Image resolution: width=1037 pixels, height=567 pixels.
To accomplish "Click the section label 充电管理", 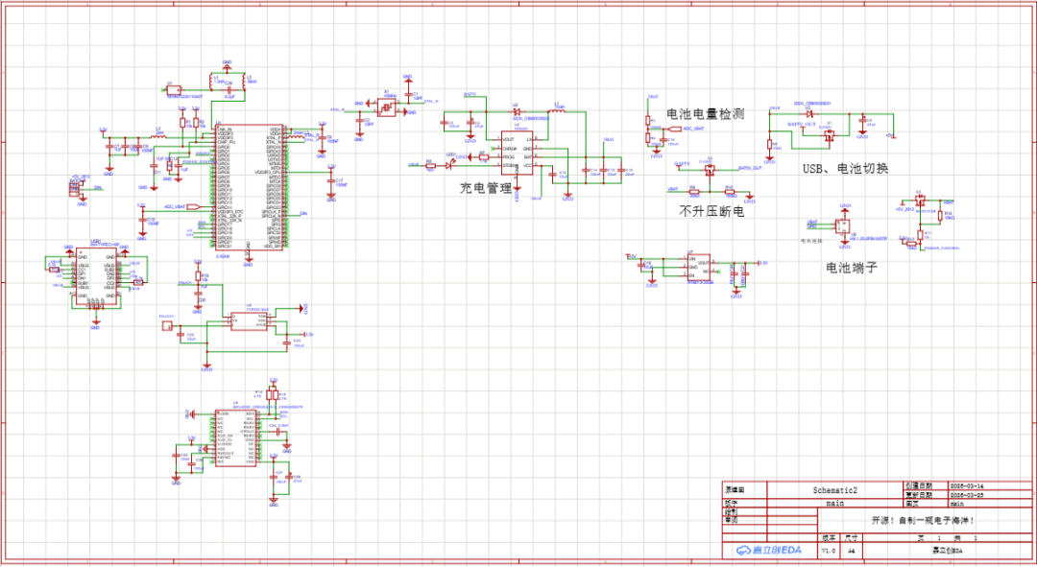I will click(486, 188).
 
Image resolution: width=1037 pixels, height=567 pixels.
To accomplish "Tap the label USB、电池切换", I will click(845, 169).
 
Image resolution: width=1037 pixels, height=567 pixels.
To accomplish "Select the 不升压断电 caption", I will click(711, 210).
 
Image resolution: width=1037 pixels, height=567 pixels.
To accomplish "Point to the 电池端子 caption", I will click(852, 267).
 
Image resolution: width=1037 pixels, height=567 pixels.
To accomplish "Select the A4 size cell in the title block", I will click(850, 552).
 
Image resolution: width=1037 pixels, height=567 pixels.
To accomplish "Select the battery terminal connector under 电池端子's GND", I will click(845, 226).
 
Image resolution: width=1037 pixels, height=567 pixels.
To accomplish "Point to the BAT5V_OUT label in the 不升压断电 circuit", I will click(749, 167).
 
